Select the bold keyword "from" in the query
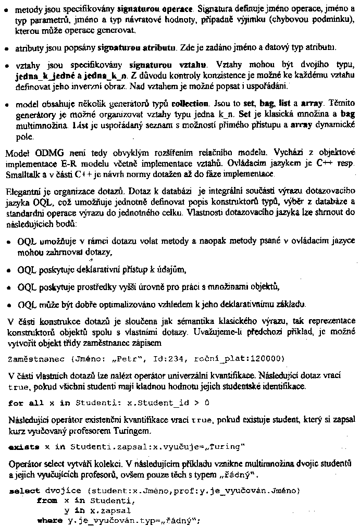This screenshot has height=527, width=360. (x=46, y=500)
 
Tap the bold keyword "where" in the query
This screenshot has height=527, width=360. (x=49, y=519)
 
